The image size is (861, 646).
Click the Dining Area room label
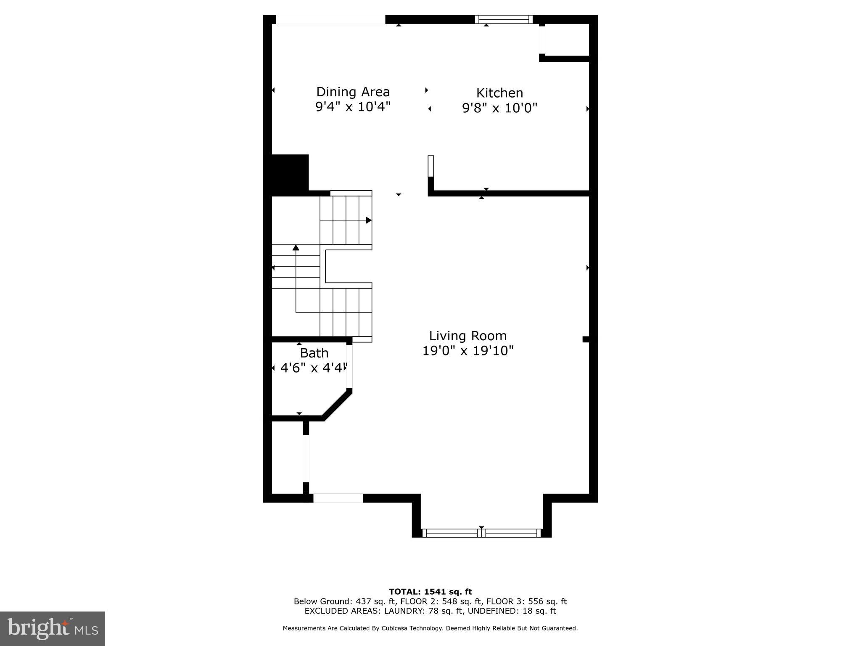click(353, 92)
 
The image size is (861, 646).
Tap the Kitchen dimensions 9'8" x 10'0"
click(499, 108)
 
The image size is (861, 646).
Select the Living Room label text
click(467, 336)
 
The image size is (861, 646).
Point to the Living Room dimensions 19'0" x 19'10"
click(467, 350)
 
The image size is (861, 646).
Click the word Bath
click(314, 353)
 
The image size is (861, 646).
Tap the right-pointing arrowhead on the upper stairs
click(368, 220)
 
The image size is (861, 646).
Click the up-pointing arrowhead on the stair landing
click(296, 247)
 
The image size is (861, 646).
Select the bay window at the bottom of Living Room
click(481, 533)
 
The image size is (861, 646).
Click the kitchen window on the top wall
click(504, 19)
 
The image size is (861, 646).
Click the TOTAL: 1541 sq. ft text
click(430, 592)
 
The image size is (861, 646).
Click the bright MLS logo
click(53, 628)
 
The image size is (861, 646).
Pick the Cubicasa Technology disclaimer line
click(430, 628)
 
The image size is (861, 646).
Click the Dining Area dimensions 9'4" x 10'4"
click(353, 106)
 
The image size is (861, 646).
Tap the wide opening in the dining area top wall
click(330, 19)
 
